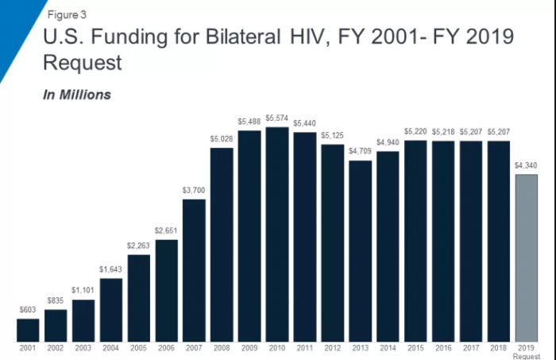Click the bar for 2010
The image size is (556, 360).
click(277, 234)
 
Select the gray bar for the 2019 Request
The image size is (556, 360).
click(527, 258)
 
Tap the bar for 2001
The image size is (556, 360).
click(28, 331)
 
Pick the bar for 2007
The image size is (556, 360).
click(195, 270)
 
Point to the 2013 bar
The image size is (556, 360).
click(361, 251)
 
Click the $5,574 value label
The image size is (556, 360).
click(277, 119)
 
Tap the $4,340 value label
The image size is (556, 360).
click(527, 166)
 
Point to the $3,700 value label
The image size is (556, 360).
click(195, 191)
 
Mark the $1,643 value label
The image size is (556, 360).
click(111, 270)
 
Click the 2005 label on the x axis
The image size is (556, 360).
click(139, 348)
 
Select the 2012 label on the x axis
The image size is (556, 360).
click(333, 348)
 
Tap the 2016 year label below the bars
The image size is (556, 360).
click(443, 348)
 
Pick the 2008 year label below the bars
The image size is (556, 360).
click(222, 348)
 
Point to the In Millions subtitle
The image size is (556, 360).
click(76, 95)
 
